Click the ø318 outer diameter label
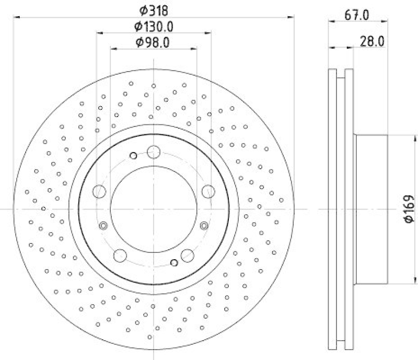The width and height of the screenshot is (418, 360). (154, 9)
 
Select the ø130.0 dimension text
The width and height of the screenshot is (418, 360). (154, 26)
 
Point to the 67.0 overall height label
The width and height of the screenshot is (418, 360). (358, 15)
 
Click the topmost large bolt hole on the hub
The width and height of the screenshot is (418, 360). (154, 152)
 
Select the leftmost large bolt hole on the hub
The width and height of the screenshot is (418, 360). (99, 191)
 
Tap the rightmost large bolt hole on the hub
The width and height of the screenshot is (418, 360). (208, 191)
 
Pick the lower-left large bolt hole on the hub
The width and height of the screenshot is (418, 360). (120, 256)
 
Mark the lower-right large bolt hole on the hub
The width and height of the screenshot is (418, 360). (187, 256)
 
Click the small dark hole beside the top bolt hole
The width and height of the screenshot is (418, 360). (133, 155)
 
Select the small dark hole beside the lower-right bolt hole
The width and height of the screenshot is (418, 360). (174, 262)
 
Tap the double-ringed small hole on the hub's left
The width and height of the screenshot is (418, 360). (103, 226)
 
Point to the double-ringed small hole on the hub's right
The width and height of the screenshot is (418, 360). (204, 226)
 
